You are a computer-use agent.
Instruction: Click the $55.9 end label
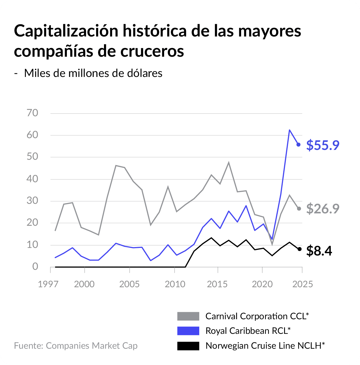323,145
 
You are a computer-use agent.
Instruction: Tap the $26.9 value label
323,209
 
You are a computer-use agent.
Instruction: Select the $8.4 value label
319,251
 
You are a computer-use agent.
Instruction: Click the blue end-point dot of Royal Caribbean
298,145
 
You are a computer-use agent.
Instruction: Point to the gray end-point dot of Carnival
299,209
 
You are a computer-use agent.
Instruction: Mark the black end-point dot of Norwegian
300,249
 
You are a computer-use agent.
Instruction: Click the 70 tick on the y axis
32,113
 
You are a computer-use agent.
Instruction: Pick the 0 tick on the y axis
35,266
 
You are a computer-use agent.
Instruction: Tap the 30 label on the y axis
32,201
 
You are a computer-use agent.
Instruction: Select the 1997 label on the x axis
48,284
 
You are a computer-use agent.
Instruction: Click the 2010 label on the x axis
175,284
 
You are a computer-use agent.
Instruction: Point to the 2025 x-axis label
302,284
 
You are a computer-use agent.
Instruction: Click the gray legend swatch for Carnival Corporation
188,316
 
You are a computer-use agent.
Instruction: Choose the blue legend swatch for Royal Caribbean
188,331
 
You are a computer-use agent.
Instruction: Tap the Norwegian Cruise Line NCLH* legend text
265,345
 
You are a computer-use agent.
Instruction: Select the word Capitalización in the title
66,31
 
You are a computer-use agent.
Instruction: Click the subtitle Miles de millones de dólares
93,73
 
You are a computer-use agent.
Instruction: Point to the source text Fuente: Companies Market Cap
76,345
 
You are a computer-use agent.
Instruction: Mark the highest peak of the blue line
289,130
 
